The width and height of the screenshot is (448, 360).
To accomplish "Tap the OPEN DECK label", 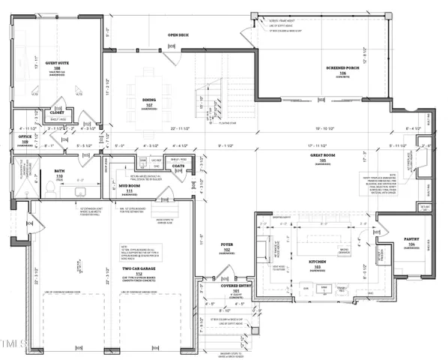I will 178,34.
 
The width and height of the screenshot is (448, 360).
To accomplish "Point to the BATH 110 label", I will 59,172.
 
